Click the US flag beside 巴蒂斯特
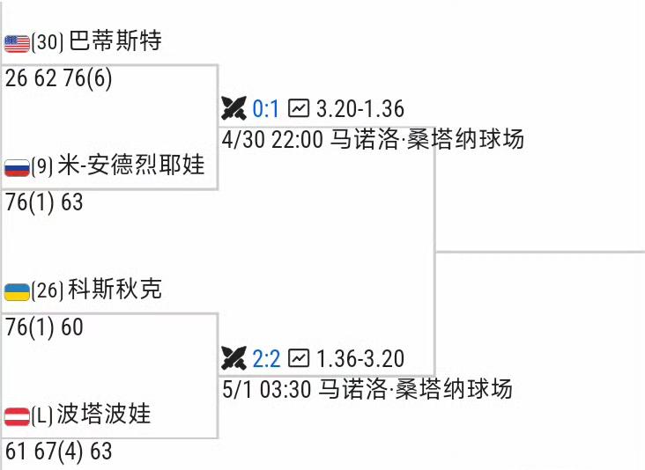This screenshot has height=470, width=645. (17, 43)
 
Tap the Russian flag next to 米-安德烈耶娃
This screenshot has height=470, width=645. (17, 167)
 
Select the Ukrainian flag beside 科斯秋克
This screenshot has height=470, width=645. (17, 291)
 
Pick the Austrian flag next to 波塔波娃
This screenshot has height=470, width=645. (17, 415)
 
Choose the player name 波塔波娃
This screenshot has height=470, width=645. (104, 414)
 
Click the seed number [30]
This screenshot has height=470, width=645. (48, 42)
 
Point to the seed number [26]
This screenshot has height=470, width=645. (48, 290)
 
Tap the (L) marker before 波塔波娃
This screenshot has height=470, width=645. (42, 415)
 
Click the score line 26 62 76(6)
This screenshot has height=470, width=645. (58, 78)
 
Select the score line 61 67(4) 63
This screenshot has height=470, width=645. (58, 452)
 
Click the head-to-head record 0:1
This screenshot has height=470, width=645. (265, 109)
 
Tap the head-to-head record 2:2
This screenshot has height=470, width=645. (265, 358)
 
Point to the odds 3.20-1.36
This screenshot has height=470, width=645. (360, 109)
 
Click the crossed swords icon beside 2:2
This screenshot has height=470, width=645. (234, 358)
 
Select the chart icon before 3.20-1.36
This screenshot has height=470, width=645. (300, 108)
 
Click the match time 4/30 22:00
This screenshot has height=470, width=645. (272, 139)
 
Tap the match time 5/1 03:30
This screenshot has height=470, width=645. (266, 388)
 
